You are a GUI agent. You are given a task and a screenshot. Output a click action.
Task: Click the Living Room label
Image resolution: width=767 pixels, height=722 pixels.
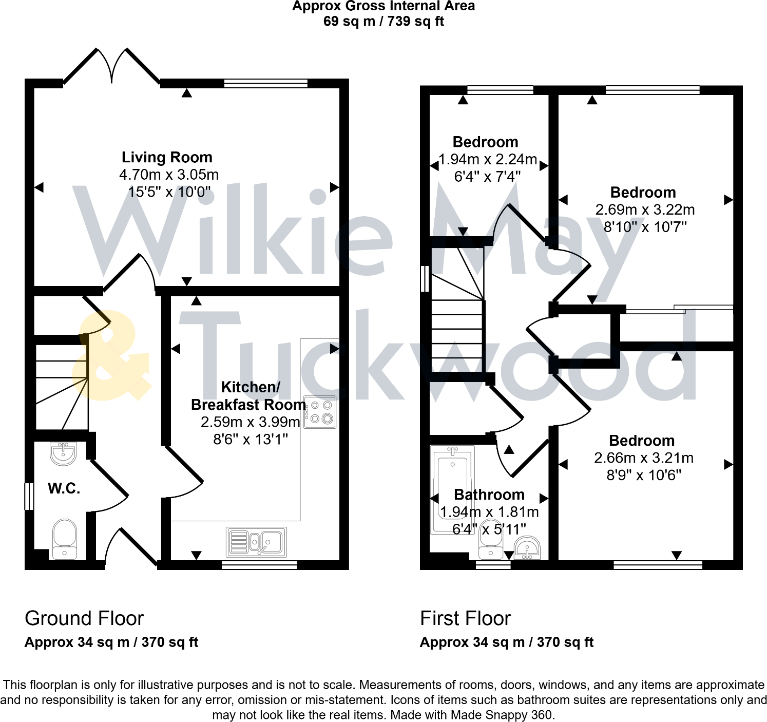(167, 157)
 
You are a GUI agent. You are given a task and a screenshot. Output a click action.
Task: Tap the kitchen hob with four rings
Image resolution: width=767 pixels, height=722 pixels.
(320, 412)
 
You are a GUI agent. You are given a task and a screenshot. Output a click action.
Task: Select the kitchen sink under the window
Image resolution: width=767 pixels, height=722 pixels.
(256, 542)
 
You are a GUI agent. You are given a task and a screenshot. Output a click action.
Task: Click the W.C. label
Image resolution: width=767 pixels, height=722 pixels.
(64, 488)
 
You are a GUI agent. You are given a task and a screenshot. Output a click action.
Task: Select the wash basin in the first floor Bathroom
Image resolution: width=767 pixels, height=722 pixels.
(527, 548)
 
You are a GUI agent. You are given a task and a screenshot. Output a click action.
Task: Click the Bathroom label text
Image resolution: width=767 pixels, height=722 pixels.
(489, 495)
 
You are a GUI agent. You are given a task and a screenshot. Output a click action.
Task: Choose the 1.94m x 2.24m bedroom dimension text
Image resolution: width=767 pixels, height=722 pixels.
(488, 159)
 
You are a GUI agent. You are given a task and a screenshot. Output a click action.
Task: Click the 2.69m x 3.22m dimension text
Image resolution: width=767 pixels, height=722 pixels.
(645, 210)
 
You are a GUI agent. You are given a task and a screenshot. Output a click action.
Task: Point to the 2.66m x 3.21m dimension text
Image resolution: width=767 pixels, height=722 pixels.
(644, 458)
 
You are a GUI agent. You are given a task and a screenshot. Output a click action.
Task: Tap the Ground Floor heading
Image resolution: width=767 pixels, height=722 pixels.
(84, 618)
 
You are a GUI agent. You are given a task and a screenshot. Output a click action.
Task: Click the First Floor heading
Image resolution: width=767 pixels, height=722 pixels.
(465, 618)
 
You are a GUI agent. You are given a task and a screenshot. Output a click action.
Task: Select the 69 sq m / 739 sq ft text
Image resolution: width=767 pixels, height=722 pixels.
(384, 22)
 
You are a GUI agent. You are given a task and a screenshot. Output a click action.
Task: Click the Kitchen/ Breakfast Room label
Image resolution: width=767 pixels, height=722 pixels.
(249, 396)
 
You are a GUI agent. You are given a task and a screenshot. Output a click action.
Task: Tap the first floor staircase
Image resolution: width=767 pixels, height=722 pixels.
(457, 318)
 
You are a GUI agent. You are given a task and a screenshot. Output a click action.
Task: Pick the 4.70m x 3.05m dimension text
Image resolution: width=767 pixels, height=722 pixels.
(169, 175)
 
